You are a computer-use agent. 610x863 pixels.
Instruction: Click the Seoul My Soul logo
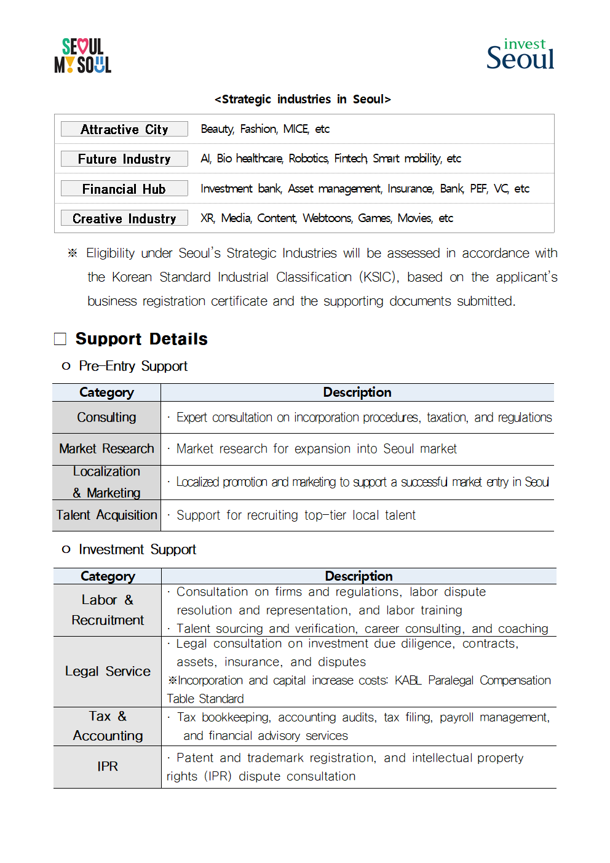(83, 56)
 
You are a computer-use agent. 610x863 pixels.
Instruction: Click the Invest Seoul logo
(520, 54)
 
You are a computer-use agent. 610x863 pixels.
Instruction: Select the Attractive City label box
(124, 129)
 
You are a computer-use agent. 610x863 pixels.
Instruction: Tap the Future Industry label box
(124, 159)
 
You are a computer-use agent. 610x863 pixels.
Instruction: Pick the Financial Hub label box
(124, 189)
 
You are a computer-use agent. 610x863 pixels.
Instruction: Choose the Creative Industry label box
(124, 218)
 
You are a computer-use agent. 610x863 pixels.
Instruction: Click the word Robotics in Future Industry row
(308, 159)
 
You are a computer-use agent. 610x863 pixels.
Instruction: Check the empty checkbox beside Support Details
(60, 339)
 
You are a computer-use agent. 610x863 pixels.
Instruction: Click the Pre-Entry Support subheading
(133, 366)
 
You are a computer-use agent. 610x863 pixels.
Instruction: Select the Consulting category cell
(106, 418)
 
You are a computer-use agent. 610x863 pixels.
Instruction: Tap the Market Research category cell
(106, 449)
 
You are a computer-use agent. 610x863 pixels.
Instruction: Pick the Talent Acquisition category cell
(106, 515)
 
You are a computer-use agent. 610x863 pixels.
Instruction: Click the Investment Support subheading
(137, 549)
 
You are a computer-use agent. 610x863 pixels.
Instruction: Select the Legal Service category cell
(108, 672)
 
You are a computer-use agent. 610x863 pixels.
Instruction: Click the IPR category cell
(108, 766)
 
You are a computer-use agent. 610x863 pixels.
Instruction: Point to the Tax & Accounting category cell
(108, 726)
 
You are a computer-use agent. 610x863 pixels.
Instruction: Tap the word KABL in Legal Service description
(408, 680)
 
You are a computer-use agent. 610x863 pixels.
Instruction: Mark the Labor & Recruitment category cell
(108, 610)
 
